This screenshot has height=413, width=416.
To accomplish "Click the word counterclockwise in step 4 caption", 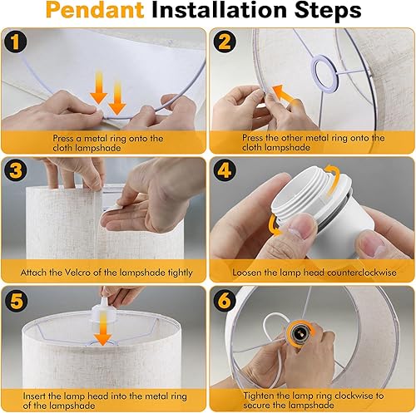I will tap(352, 273).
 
